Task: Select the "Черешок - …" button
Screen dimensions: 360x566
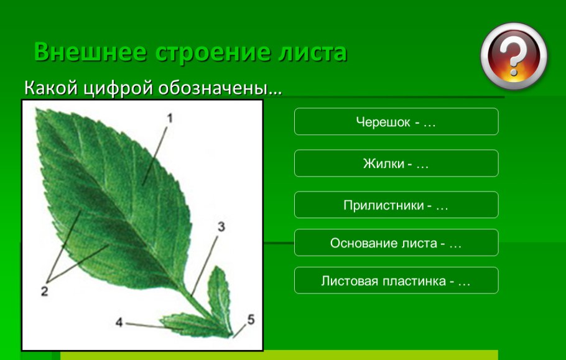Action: [396, 122]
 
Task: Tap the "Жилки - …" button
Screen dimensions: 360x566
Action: [396, 164]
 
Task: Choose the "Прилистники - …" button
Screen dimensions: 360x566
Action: [396, 205]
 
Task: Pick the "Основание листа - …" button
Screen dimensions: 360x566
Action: [396, 243]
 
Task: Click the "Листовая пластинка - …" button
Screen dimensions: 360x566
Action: [396, 281]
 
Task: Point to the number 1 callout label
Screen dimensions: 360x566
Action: [169, 116]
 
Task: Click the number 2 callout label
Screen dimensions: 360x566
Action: [44, 290]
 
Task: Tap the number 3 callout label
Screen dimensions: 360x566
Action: [220, 227]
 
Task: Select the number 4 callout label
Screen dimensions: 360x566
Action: [119, 322]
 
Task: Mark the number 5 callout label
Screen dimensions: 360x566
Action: [250, 319]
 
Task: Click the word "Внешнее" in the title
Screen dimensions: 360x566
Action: [90, 52]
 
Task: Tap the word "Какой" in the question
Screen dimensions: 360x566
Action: [52, 88]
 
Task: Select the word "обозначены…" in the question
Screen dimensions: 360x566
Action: [220, 88]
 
